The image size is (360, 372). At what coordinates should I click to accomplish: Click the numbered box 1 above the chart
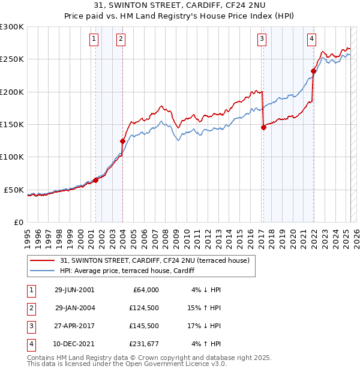[x=95, y=40]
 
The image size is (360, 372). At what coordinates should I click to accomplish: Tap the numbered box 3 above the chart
[x=263, y=40]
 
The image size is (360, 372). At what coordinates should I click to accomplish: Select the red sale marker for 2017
[x=263, y=127]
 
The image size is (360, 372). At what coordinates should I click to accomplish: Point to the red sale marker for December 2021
[x=313, y=71]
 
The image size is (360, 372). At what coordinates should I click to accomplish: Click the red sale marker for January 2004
[x=122, y=141]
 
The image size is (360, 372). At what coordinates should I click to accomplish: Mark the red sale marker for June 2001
[x=95, y=180]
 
